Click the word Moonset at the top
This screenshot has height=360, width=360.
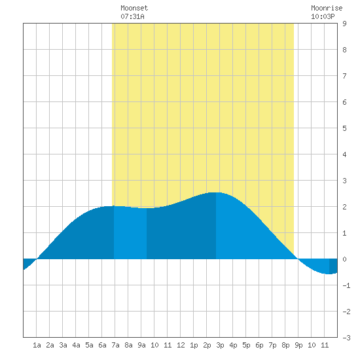pyautogui.click(x=134, y=8)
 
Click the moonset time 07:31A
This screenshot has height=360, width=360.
pyautogui.click(x=132, y=16)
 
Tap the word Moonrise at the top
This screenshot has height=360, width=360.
pyautogui.click(x=327, y=8)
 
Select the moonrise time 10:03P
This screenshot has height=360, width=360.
pyautogui.click(x=323, y=16)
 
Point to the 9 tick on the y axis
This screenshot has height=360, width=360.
pyautogui.click(x=344, y=24)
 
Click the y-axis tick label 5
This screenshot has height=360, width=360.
pyautogui.click(x=344, y=128)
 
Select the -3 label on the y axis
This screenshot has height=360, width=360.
pyautogui.click(x=346, y=338)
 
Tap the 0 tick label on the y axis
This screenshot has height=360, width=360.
pyautogui.click(x=344, y=259)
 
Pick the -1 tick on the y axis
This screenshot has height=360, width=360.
pyautogui.click(x=346, y=285)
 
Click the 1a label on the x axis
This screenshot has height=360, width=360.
pyautogui.click(x=37, y=345)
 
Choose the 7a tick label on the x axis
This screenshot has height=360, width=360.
pyautogui.click(x=115, y=345)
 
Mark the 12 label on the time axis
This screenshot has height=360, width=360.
pyautogui.click(x=181, y=345)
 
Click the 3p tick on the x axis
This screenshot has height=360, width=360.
pyautogui.click(x=220, y=345)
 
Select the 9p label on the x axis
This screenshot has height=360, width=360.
pyautogui.click(x=298, y=345)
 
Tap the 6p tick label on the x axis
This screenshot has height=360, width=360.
pyautogui.click(x=259, y=345)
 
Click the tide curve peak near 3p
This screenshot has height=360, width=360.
pyautogui.click(x=215, y=192)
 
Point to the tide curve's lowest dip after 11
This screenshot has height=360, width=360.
pyautogui.click(x=329, y=274)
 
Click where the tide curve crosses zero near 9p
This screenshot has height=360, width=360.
pyautogui.click(x=298, y=259)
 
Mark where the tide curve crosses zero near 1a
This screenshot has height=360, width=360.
pyautogui.click(x=37, y=259)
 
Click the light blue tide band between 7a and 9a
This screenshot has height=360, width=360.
pyautogui.click(x=130, y=232)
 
